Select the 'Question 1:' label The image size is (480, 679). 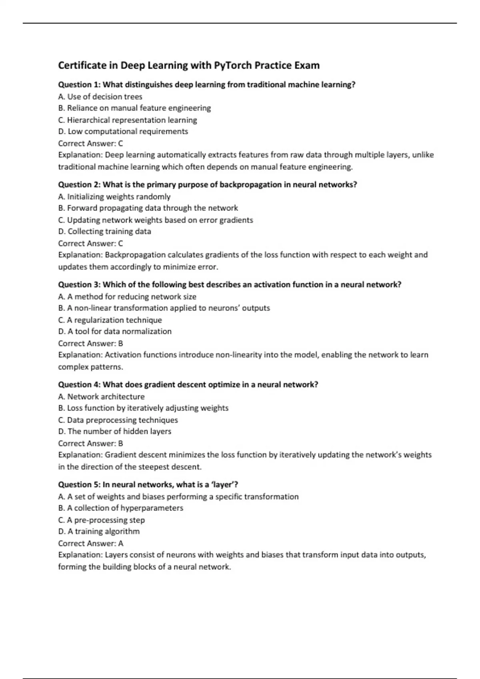tap(80, 85)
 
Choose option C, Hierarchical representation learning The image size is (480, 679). tap(128, 120)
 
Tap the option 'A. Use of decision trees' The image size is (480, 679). tap(100, 97)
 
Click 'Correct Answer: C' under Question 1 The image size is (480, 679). tap(90, 143)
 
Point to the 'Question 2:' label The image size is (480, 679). tap(80, 185)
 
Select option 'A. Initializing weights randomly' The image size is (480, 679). tap(114, 197)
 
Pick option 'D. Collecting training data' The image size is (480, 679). tap(105, 231)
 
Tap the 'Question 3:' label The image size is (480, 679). tap(80, 284)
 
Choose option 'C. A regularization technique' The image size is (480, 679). tap(110, 320)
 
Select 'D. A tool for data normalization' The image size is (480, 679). tap(115, 331)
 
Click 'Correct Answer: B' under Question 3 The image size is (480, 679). tap(90, 343)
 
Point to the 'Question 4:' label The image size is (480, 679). tap(80, 384)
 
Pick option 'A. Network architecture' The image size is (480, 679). tap(101, 397)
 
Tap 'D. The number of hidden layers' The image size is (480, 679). tap(115, 431)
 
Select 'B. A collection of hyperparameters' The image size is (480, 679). tap(120, 508)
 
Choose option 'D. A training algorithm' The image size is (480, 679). tap(99, 531)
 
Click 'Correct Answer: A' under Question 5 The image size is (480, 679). tap(91, 543)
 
